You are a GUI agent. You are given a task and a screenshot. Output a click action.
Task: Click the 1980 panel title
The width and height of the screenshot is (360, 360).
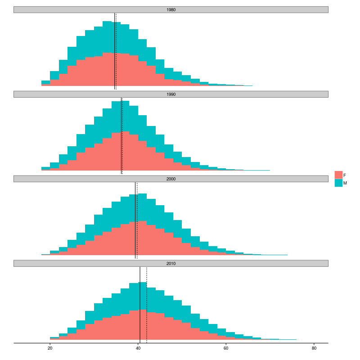171,9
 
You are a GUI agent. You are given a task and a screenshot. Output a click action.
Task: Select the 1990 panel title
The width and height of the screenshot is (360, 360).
171,94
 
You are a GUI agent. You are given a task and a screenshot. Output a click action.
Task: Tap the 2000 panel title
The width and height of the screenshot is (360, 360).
171,179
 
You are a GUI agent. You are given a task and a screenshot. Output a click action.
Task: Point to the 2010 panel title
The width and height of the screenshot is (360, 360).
171,263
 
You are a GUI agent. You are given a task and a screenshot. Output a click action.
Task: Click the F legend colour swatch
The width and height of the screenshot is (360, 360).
338,175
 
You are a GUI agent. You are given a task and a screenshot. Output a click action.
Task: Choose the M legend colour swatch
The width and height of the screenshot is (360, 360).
338,183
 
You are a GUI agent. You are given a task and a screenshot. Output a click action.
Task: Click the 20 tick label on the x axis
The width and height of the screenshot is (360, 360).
50,348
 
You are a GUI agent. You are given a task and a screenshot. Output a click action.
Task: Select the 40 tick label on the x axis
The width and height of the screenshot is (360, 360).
138,348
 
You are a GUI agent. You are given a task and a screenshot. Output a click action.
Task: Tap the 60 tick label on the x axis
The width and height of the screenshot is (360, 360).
226,348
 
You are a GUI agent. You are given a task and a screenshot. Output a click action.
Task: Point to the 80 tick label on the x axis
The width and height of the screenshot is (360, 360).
314,348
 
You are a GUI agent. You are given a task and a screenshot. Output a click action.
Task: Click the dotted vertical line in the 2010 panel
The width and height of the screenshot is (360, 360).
147,306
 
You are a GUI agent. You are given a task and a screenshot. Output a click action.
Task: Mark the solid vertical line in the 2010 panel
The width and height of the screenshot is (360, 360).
140,306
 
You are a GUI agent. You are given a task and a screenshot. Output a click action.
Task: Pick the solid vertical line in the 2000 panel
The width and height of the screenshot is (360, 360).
135,216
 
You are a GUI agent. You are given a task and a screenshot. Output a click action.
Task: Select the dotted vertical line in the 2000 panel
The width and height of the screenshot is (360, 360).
137,216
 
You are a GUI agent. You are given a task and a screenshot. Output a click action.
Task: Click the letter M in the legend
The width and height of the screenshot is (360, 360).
345,183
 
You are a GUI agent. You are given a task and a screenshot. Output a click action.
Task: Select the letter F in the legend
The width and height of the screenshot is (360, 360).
345,175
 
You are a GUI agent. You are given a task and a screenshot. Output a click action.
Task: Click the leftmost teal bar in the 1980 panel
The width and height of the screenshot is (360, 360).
45,82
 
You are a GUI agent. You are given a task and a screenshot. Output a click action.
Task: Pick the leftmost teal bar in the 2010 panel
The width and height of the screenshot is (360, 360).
54,337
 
